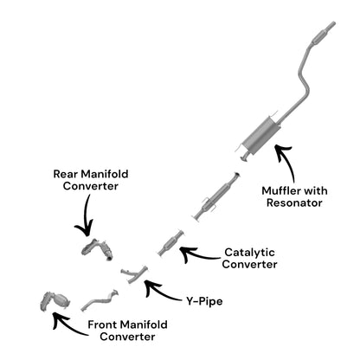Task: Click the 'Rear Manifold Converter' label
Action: [x=91, y=180]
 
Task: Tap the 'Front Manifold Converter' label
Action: [x=127, y=331]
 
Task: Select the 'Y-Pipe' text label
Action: [x=204, y=301]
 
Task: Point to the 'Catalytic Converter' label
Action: [x=249, y=258]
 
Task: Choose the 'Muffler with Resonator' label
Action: [x=294, y=196]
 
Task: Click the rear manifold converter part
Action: [x=97, y=249]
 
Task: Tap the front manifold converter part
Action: [x=55, y=302]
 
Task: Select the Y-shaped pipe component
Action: [x=134, y=273]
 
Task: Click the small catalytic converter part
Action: [x=170, y=243]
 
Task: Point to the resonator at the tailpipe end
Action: [x=319, y=38]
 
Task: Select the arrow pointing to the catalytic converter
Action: [x=199, y=255]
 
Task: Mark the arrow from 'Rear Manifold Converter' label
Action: [x=86, y=216]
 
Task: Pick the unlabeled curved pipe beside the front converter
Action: [x=100, y=300]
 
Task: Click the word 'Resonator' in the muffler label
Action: [x=294, y=202]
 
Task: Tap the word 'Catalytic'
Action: [x=249, y=253]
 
